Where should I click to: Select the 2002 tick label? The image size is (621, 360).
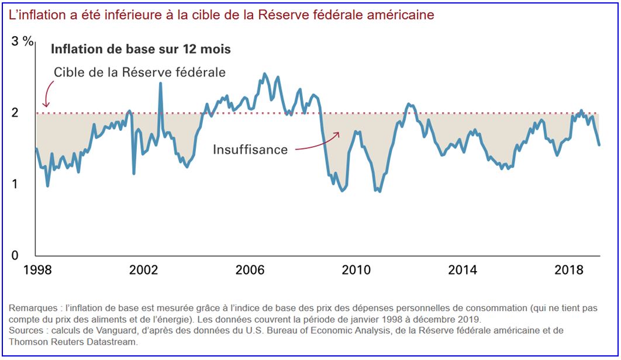pos(144,270)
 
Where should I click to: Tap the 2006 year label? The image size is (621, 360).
pos(251,270)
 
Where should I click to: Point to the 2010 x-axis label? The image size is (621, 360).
pos(357,270)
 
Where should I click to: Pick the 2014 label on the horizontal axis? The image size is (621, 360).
pos(463,270)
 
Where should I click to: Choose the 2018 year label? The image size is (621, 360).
pos(570,270)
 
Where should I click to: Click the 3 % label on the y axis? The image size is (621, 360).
pos(23,41)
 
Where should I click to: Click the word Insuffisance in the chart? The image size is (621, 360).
pos(250,150)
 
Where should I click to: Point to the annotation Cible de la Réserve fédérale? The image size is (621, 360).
pos(140,72)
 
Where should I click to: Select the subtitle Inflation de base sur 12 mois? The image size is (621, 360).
pos(141,49)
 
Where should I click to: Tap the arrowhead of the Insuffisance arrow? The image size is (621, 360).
pos(337,134)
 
